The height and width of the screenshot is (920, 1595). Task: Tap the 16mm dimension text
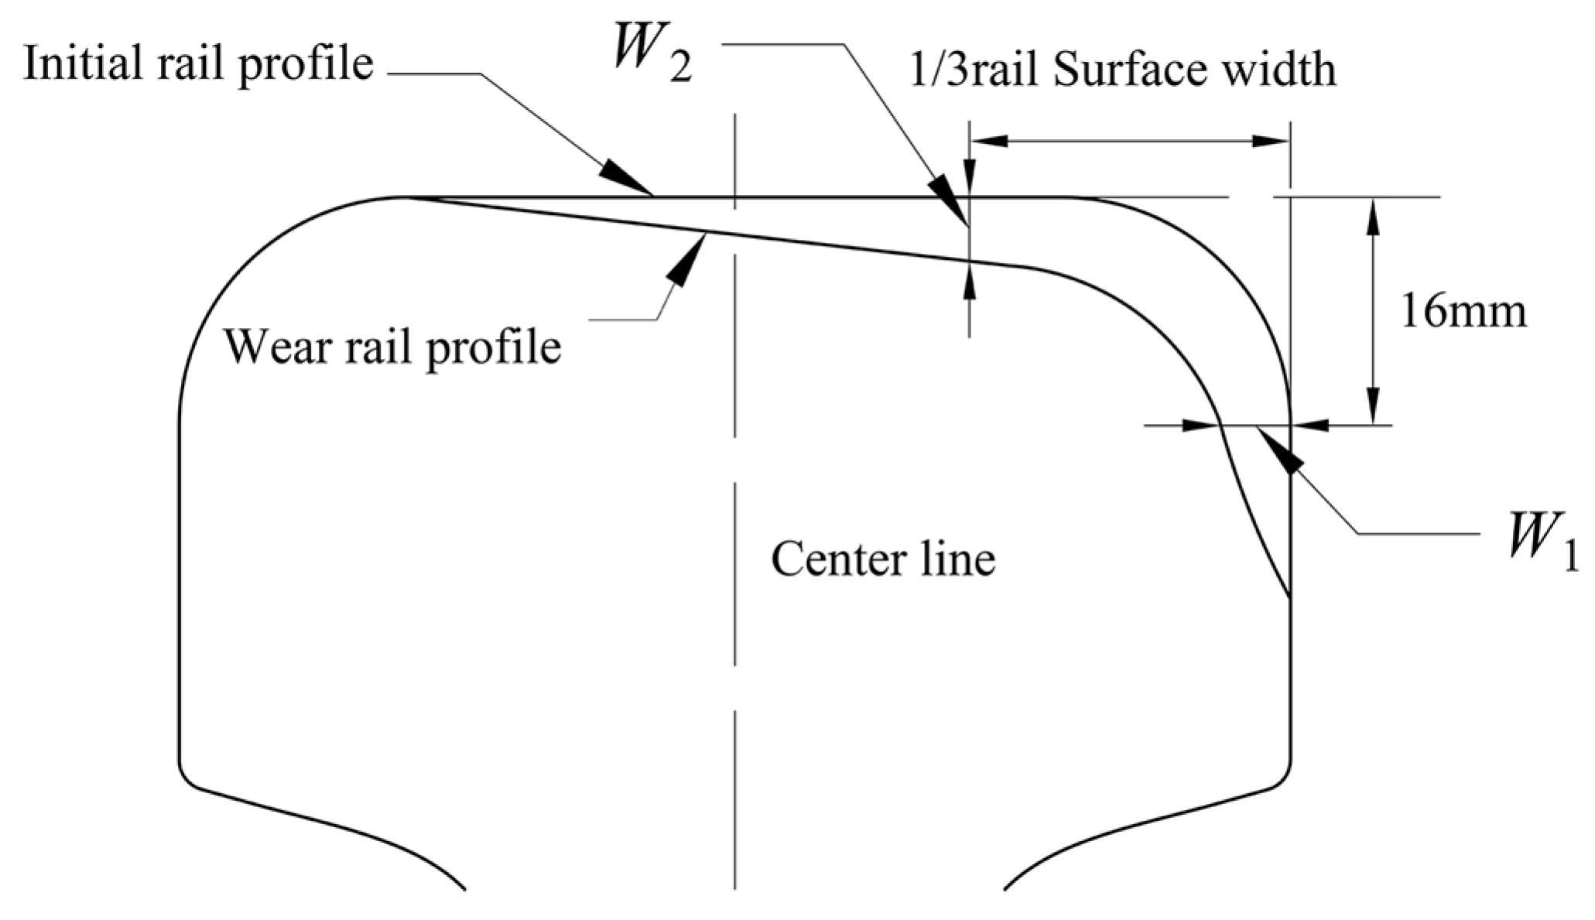point(1463,313)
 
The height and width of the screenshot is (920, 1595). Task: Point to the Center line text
point(882,559)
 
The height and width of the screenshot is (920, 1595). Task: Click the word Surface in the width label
point(1118,70)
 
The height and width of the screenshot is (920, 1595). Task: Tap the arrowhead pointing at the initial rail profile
point(627,179)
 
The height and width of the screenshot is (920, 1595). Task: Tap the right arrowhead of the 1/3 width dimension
point(1268,141)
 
